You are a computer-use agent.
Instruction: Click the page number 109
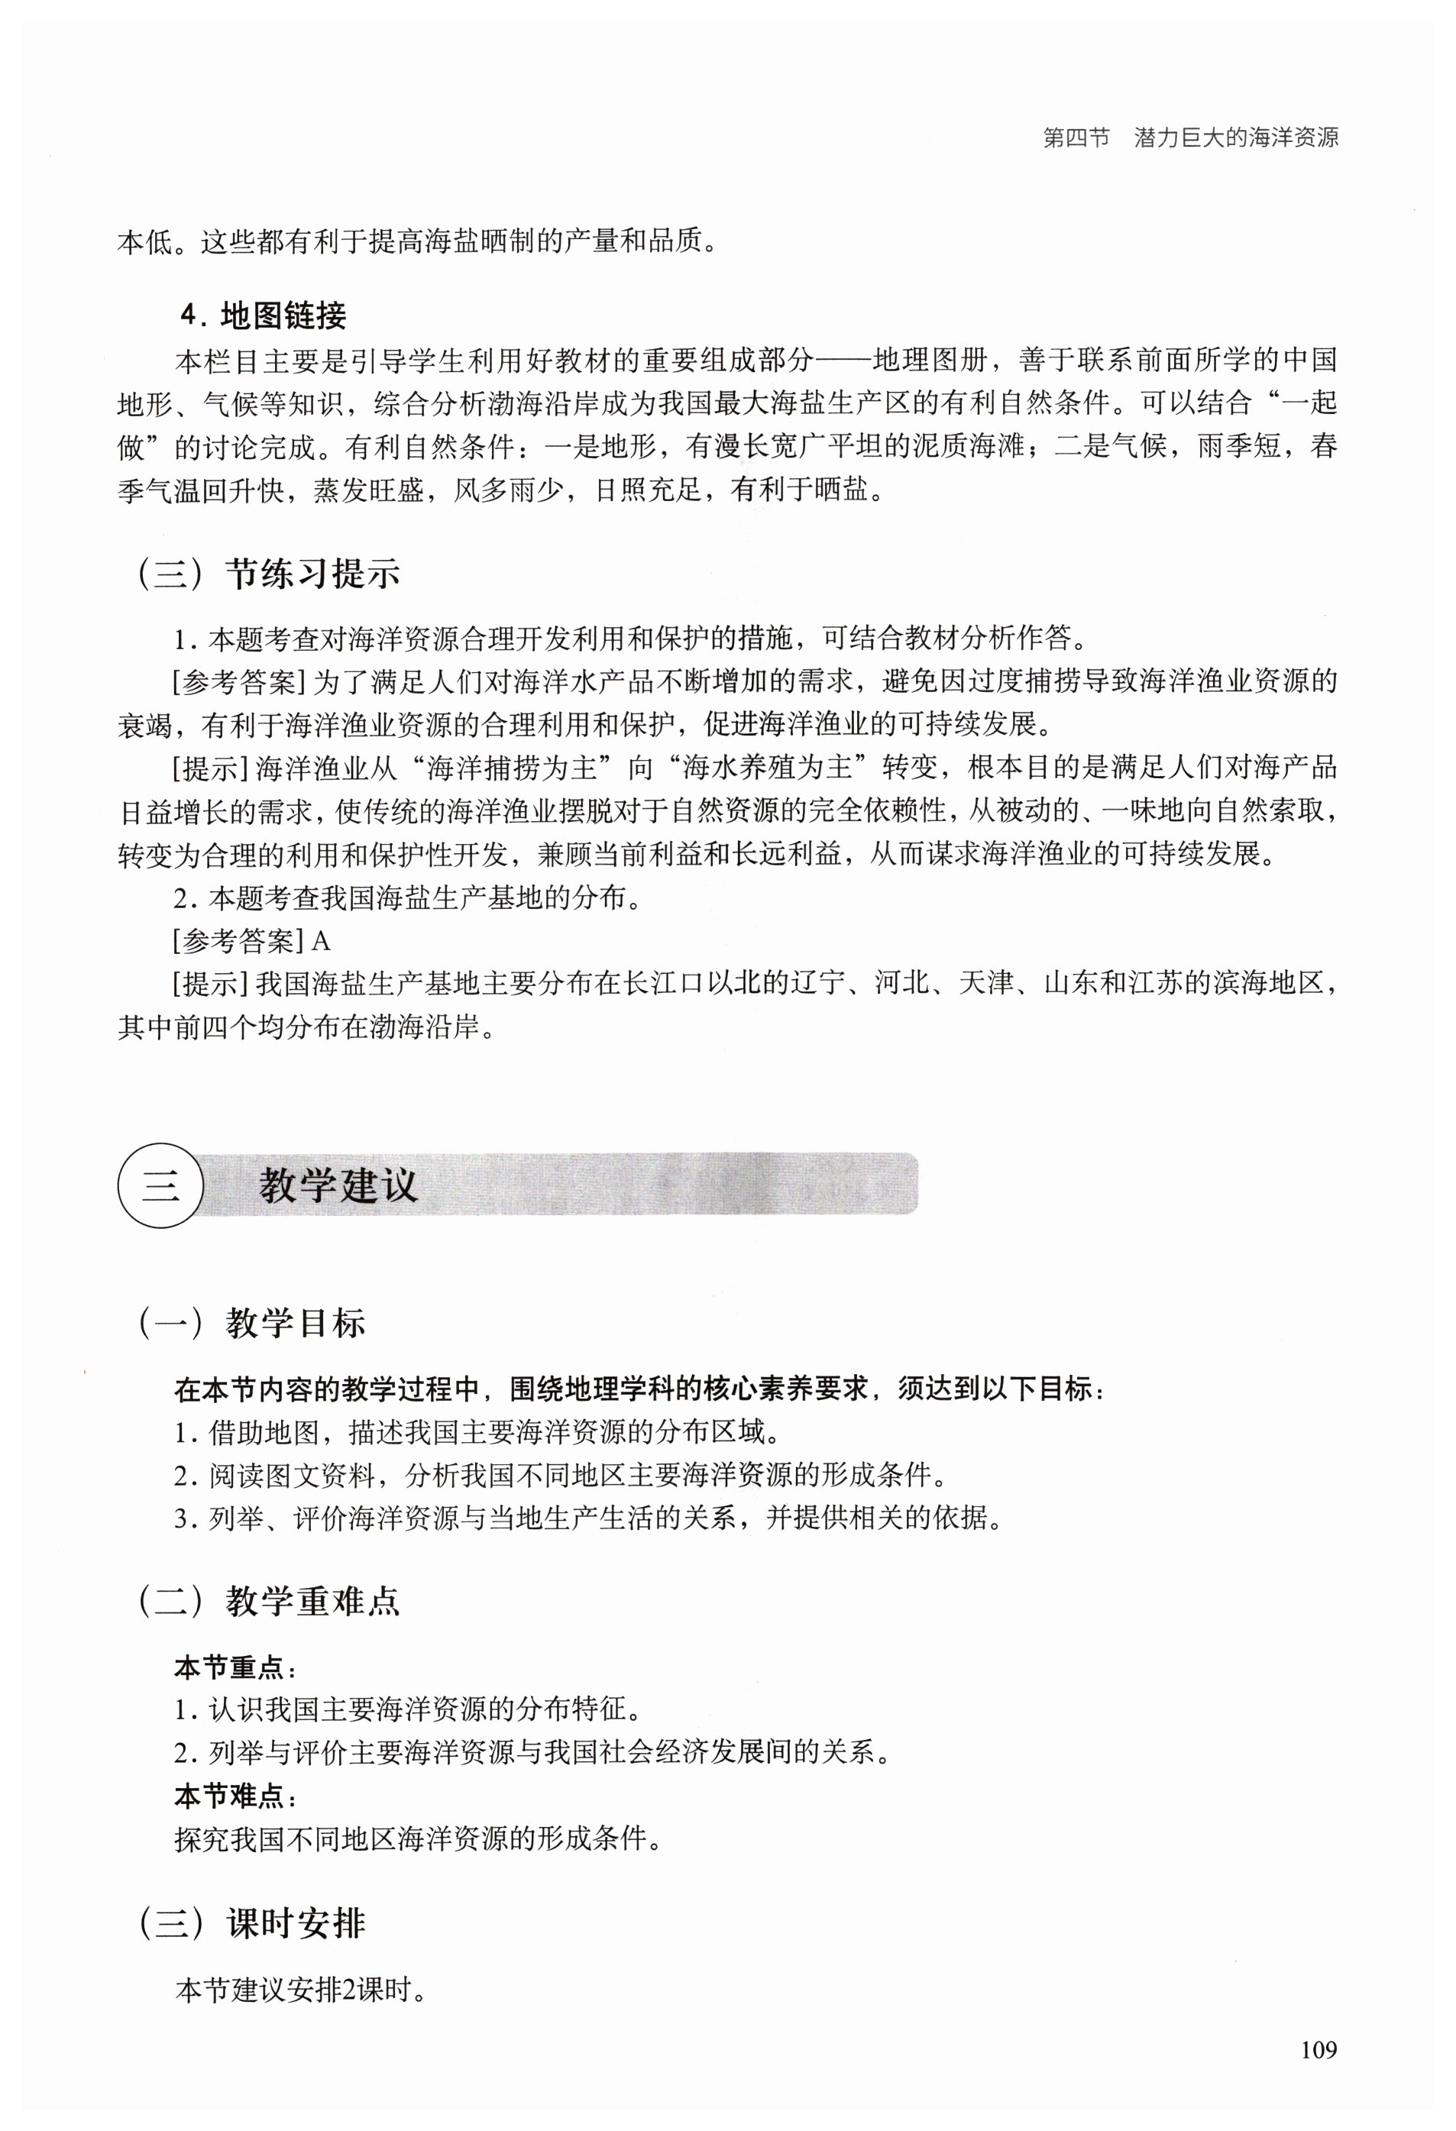pyautogui.click(x=1318, y=2049)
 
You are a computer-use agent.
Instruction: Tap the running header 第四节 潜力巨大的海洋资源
pyautogui.click(x=1190, y=137)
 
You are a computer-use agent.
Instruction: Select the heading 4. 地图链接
pyautogui.click(x=263, y=315)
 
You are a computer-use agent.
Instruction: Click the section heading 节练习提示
pyautogui.click(x=312, y=574)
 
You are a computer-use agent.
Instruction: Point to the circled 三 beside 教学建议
pyautogui.click(x=160, y=1185)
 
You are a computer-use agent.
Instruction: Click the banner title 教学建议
pyautogui.click(x=338, y=1185)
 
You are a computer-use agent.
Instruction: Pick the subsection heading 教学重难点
pyautogui.click(x=312, y=1600)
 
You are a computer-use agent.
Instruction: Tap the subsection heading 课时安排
pyautogui.click(x=295, y=1922)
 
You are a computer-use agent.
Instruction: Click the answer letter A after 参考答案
pyautogui.click(x=321, y=941)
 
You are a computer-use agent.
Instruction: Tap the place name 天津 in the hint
pyautogui.click(x=985, y=983)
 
